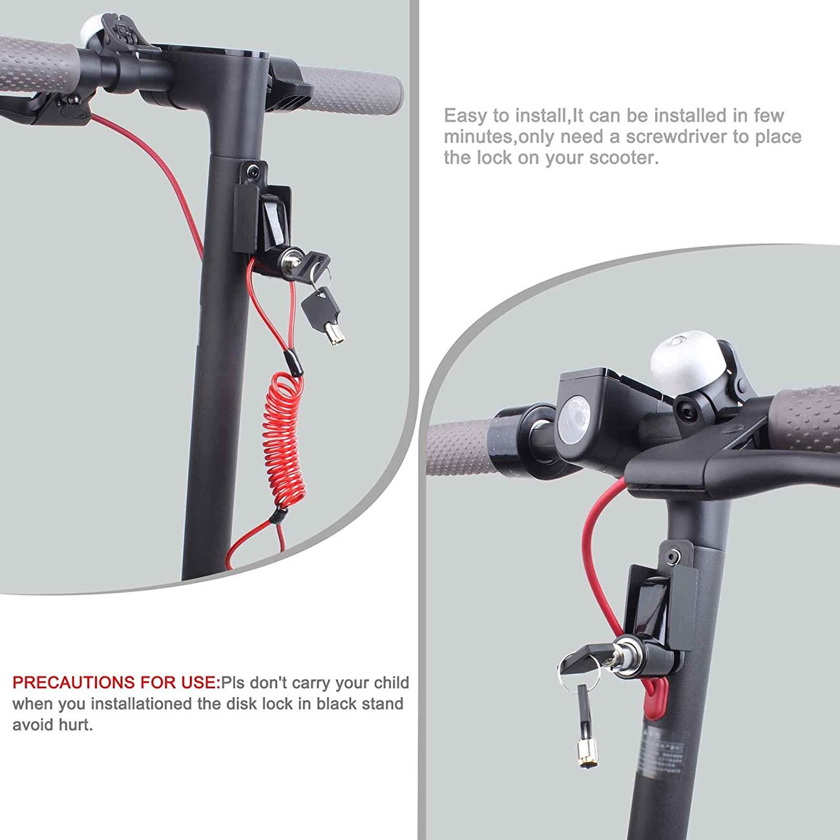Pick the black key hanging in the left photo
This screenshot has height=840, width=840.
click(321, 304)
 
